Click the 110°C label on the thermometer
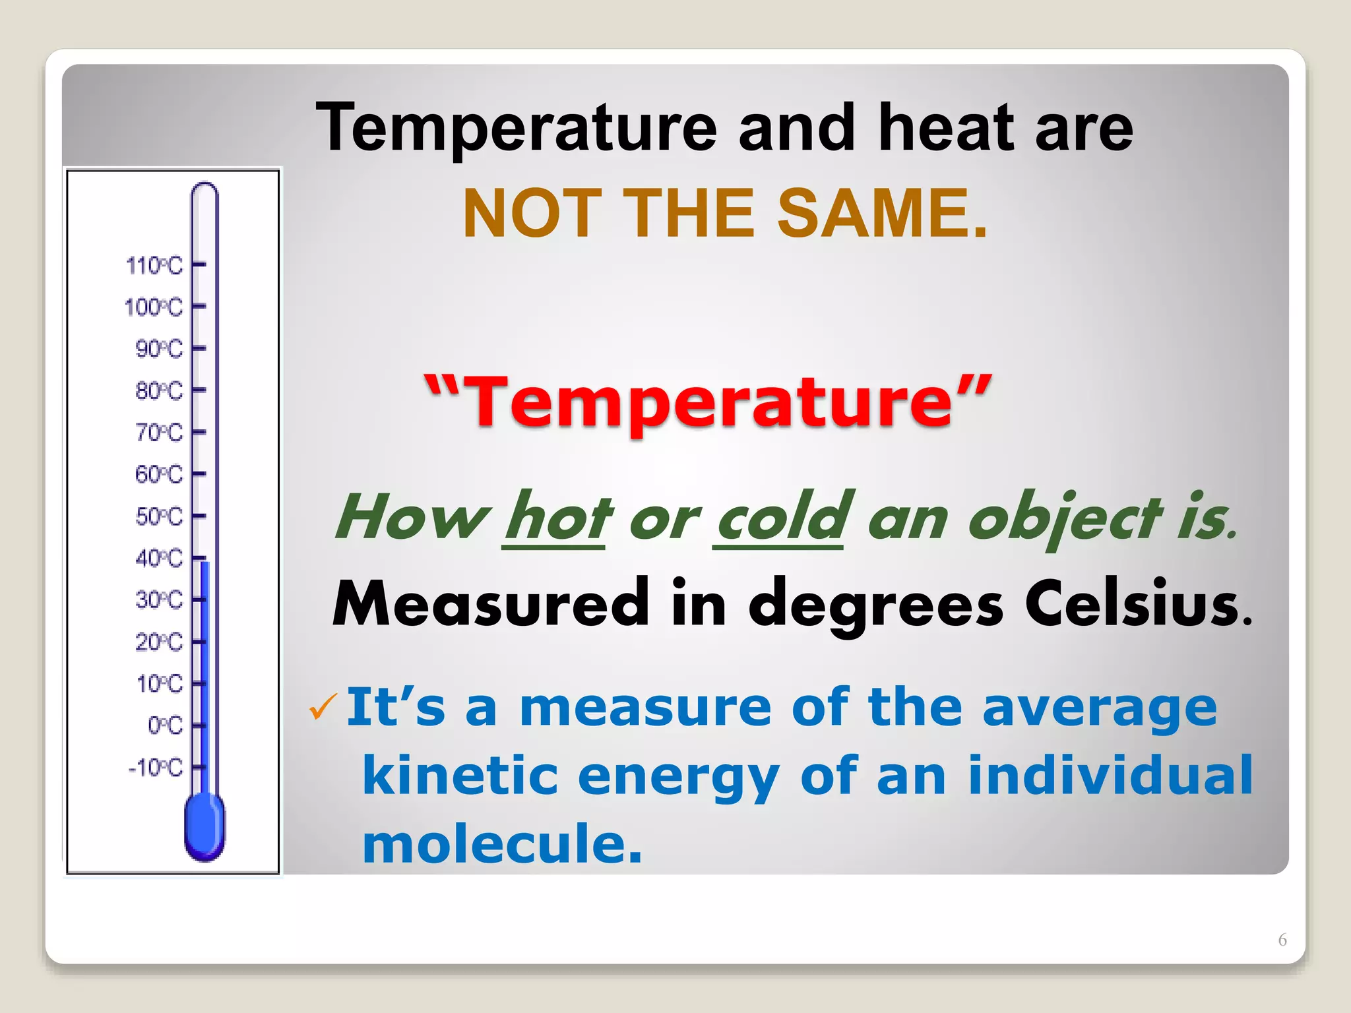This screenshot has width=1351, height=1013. point(154,266)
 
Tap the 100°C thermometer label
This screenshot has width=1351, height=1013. point(153,307)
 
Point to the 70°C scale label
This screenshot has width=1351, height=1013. point(158,433)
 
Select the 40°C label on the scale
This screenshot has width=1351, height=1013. point(158,559)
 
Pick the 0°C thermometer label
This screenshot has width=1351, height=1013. point(165,725)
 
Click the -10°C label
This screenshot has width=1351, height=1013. point(155,768)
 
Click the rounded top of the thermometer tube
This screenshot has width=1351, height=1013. point(204,191)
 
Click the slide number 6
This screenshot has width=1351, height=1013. point(1282,940)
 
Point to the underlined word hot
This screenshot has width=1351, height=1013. point(557,518)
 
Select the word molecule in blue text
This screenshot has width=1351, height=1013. point(502,844)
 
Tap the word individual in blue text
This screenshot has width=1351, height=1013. point(1110,775)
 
